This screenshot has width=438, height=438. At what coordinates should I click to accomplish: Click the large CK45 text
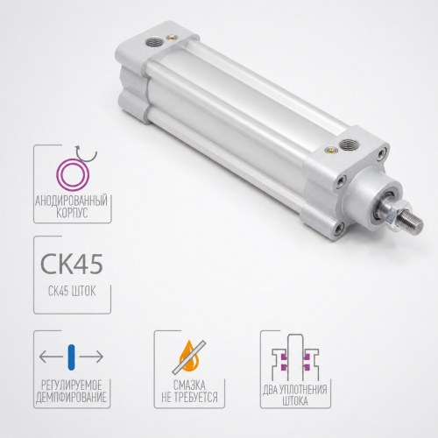point(72,264)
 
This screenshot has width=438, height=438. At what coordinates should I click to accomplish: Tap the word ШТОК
point(83,292)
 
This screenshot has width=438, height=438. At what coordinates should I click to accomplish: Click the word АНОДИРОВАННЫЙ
point(71,201)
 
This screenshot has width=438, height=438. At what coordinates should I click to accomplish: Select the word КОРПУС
point(72,213)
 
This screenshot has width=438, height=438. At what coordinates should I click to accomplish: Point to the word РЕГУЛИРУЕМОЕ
point(72,385)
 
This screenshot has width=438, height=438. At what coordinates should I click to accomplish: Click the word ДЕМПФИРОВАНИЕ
point(71,398)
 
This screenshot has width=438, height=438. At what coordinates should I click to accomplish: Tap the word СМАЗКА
point(189,385)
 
